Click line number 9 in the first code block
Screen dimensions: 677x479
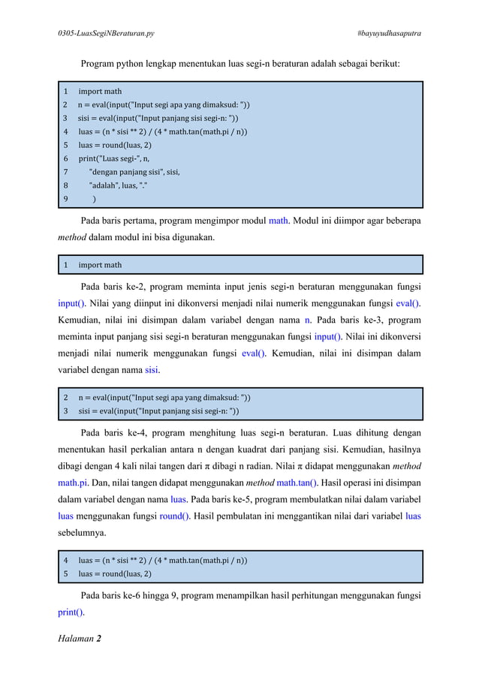[65, 199]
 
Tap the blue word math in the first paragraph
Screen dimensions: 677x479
[279, 221]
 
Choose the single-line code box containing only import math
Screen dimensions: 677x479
[240, 265]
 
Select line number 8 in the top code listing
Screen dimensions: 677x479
[65, 185]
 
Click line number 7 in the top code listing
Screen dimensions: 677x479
[65, 172]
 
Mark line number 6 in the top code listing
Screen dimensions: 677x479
[65, 158]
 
